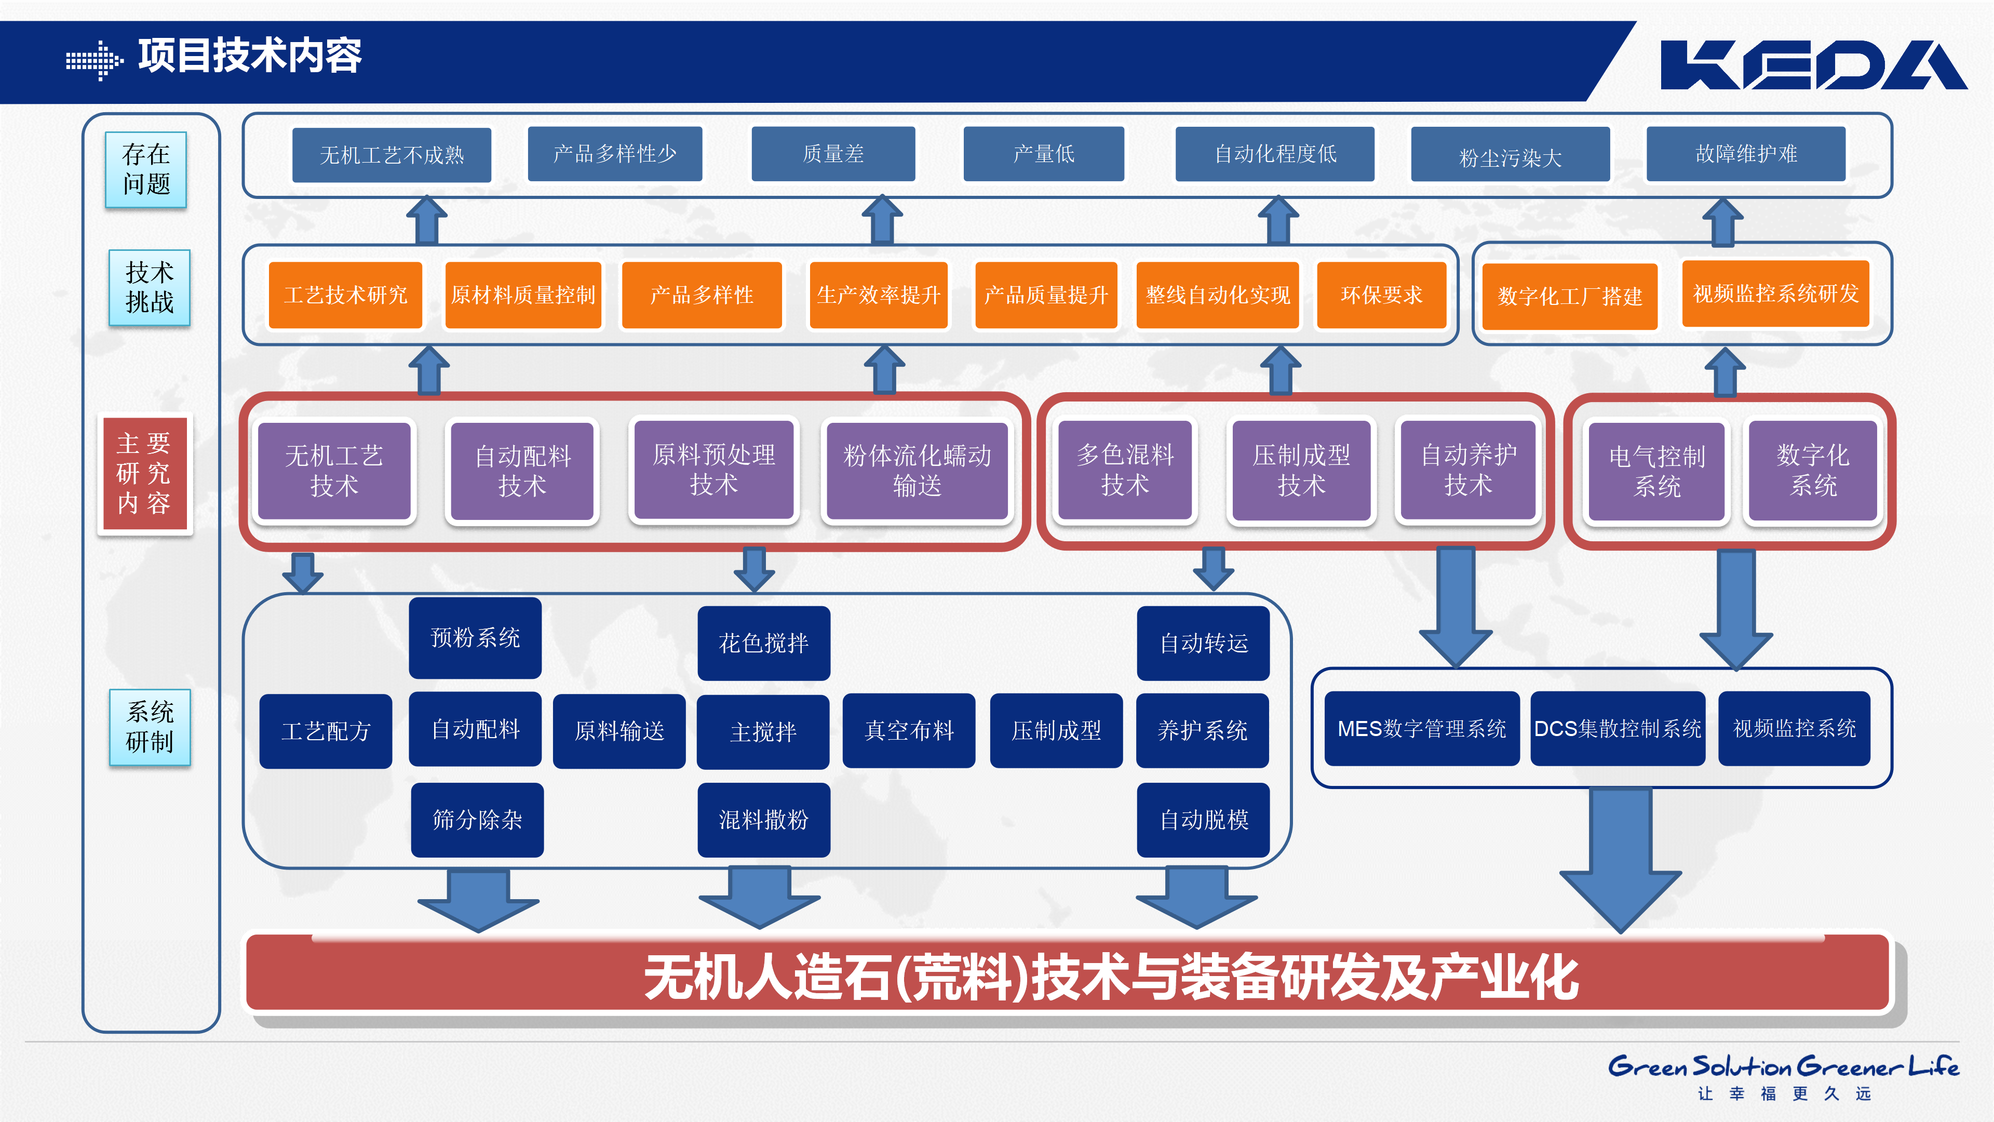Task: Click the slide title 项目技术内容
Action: coord(249,56)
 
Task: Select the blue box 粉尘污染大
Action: coord(1510,156)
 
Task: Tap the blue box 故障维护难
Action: coord(1745,154)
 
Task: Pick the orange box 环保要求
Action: coord(1381,295)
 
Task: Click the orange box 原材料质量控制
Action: coord(523,295)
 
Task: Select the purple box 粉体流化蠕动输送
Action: coord(917,470)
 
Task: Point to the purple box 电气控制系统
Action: coord(1656,471)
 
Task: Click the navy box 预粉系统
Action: coord(475,638)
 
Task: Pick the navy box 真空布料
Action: coord(909,730)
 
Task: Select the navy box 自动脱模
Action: coord(1204,819)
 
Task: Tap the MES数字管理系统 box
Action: coord(1422,729)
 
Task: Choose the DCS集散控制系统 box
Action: coord(1618,729)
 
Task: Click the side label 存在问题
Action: coord(146,169)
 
